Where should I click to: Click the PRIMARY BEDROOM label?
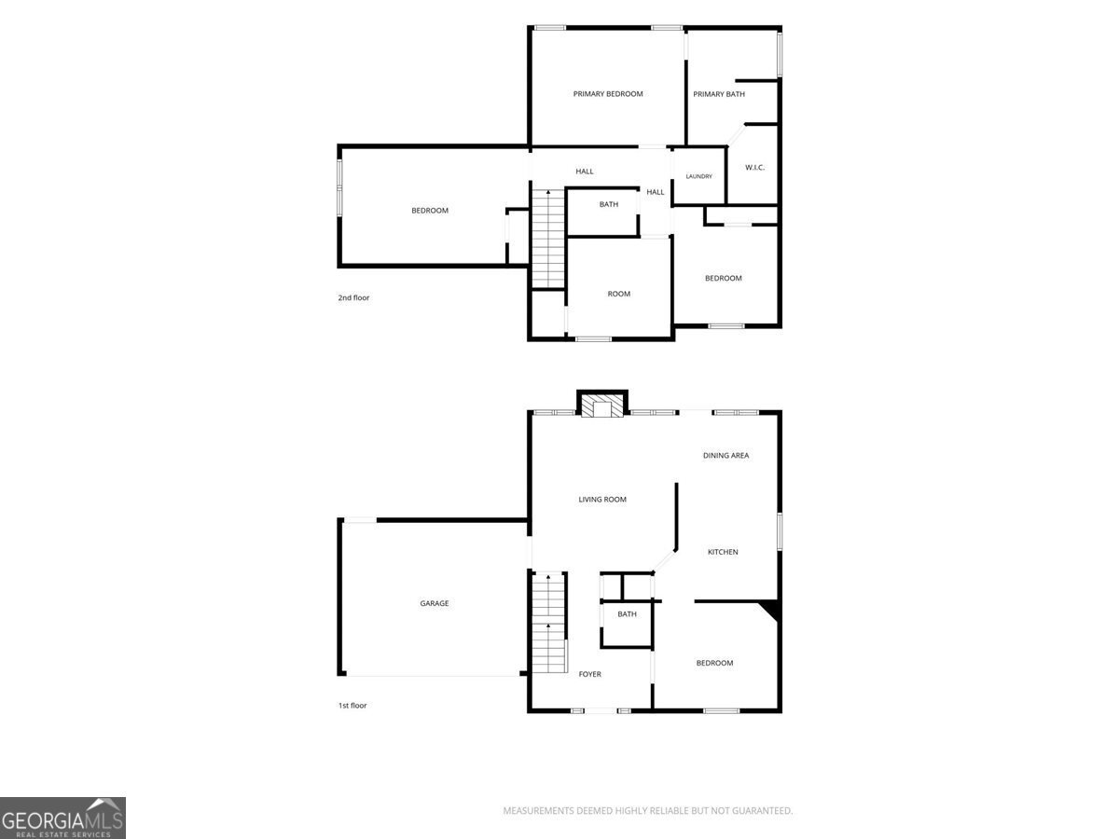[608, 94]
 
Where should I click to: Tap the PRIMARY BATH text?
[719, 94]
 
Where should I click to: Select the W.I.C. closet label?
[754, 168]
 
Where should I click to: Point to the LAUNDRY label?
[699, 176]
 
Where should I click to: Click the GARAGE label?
[435, 603]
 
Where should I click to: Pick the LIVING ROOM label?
[602, 500]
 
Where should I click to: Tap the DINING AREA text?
[725, 456]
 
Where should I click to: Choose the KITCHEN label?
[723, 552]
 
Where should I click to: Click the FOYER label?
[590, 674]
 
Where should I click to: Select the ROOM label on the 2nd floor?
[619, 294]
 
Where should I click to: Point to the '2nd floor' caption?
[353, 297]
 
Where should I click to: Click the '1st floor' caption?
[352, 706]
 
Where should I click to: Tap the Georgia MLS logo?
[62, 818]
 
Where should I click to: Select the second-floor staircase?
[548, 239]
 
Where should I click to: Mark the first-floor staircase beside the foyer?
[549, 623]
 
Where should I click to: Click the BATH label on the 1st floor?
[627, 614]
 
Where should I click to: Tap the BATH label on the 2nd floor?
[609, 204]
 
